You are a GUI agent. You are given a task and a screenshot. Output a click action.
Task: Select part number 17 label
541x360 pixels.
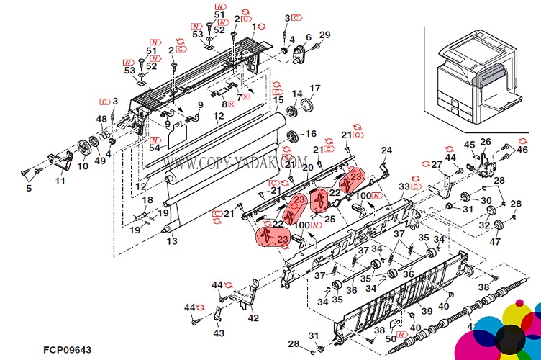314,89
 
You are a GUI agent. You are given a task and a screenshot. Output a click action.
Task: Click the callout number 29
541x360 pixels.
324,35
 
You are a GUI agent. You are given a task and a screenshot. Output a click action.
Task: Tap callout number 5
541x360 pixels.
29,189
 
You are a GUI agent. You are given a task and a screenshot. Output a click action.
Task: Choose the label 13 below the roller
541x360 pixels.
172,241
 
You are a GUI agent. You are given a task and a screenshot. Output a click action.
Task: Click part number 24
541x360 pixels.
386,150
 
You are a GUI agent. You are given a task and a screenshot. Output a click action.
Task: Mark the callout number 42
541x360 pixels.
253,318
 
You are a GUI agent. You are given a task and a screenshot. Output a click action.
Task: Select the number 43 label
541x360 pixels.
219,333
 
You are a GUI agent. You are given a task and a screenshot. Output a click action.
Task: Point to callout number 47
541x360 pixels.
494,242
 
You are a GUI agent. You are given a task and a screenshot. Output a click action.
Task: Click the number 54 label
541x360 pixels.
155,148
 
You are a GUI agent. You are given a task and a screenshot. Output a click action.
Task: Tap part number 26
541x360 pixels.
486,142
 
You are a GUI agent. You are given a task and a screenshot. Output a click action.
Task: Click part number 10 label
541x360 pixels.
83,166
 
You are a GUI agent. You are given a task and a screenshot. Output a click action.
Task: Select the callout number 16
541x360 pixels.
310,134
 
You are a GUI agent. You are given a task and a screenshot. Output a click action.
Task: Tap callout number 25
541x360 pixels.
330,219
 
